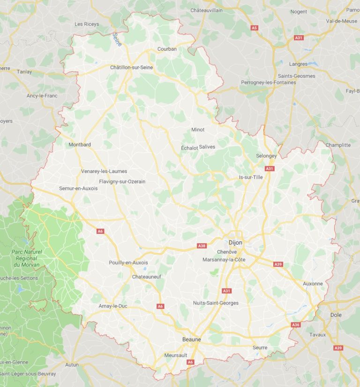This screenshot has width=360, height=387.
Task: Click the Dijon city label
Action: click(235, 243)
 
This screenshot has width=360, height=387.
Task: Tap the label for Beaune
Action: click(191, 339)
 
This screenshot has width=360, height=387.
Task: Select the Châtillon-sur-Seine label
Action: click(135, 67)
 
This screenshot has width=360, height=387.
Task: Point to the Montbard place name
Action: click(80, 145)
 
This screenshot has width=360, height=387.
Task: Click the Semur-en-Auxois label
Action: click(78, 188)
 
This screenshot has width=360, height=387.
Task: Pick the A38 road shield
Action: click(202, 246)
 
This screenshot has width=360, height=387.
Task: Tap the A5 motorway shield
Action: click(255, 28)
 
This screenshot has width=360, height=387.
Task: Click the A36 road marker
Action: click(295, 325)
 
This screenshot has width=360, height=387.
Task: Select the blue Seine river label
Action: click(117, 39)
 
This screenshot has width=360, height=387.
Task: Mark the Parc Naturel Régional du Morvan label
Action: click(27, 258)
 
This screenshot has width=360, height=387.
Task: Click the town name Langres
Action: click(299, 64)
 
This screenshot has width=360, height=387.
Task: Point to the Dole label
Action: click(336, 315)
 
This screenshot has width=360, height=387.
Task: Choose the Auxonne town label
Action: click(313, 283)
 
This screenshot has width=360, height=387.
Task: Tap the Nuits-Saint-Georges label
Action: click(216, 303)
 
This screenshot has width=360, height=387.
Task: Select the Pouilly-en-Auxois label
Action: click(128, 263)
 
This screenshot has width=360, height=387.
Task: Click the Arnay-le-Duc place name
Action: click(113, 306)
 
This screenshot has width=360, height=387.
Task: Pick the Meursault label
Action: click(176, 356)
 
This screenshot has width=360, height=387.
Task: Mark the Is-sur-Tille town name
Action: click(251, 177)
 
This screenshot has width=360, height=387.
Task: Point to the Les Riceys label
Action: click(87, 24)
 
